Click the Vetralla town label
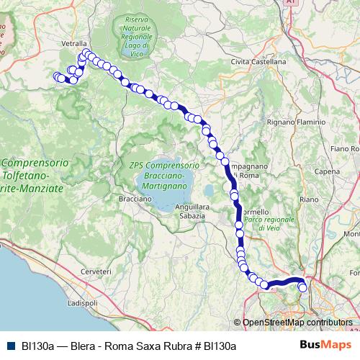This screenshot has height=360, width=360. coord(73,43)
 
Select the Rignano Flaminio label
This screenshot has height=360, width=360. coord(296,122)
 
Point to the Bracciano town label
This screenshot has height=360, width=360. coord(134,197)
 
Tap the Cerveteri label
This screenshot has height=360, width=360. coord(96,271)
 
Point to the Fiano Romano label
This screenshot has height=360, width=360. coord(344,148)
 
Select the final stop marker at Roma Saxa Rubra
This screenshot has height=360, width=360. coord(302,288)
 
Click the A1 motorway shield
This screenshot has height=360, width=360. coord(289,3)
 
